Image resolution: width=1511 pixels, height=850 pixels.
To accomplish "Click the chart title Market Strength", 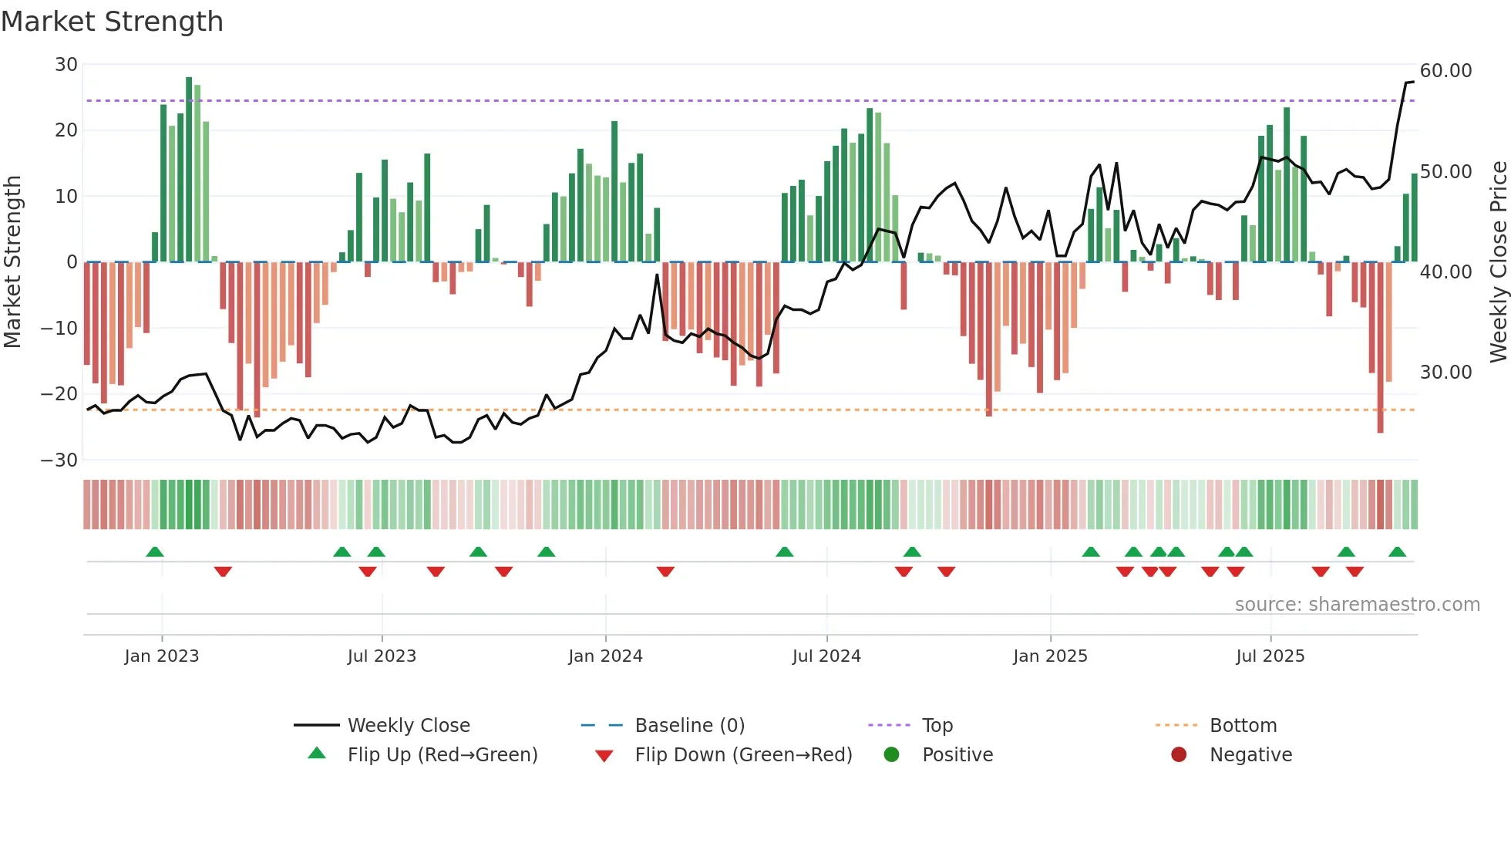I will [x=112, y=22].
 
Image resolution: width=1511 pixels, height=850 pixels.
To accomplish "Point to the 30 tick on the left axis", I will [x=66, y=65].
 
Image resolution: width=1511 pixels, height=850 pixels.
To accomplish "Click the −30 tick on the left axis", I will [x=59, y=460].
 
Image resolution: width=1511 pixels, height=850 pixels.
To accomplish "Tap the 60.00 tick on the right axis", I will [x=1445, y=71].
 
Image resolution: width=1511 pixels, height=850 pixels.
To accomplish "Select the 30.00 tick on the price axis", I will [x=1445, y=373].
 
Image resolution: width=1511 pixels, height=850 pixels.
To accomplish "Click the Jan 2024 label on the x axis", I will [x=605, y=656].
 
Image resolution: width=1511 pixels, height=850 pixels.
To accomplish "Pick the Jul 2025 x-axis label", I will [x=1270, y=656].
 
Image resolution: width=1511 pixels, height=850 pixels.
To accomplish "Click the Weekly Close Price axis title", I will [x=1498, y=262].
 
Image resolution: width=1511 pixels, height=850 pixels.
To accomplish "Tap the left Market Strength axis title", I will [x=13, y=262].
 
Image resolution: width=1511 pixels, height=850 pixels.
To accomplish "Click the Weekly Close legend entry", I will [x=408, y=726].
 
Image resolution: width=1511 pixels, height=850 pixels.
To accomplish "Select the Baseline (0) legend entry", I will [x=689, y=726].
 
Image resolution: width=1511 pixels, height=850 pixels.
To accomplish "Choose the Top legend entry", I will [x=937, y=726].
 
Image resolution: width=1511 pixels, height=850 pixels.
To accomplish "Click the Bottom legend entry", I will [x=1243, y=726].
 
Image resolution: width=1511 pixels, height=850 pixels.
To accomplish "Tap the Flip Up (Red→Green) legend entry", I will [x=442, y=755].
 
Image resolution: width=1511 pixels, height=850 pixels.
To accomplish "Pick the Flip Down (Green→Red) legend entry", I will [x=743, y=755].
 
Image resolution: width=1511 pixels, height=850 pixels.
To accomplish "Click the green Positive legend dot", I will [x=891, y=755].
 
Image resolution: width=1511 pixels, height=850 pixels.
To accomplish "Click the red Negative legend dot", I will [x=1179, y=755].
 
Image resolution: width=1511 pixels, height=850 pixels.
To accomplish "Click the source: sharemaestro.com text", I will [x=1357, y=605].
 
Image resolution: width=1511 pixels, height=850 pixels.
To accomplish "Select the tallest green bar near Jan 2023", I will [x=189, y=170].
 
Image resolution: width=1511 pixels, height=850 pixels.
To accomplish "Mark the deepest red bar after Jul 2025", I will [x=1380, y=347].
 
